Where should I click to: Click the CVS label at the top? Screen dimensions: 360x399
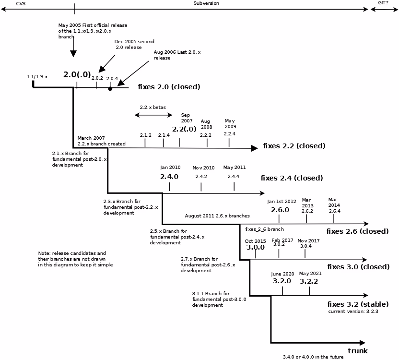click(21, 3)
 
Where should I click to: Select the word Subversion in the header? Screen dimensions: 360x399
click(206, 3)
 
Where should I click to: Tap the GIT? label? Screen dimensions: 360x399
click(383, 3)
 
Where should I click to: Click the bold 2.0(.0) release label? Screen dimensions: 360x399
click(77, 74)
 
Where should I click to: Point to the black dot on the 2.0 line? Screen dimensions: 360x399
click(110, 89)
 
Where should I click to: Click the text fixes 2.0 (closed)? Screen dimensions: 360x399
click(169, 87)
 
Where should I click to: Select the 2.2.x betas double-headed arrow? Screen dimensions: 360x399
click(153, 115)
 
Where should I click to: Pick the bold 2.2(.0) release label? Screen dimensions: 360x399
click(184, 129)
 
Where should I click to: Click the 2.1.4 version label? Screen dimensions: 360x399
click(164, 135)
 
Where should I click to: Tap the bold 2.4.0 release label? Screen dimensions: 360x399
click(169, 177)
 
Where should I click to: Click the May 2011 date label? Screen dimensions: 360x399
click(234, 168)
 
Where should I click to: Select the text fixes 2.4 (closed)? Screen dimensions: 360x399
click(292, 178)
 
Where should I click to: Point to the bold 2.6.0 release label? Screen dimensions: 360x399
click(280, 210)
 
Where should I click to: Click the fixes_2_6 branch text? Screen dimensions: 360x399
click(264, 229)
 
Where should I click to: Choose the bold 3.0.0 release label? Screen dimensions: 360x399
click(255, 247)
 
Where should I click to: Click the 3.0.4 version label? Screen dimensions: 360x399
click(305, 246)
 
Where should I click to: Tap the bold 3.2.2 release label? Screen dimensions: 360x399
click(308, 281)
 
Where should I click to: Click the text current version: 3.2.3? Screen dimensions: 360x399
click(353, 312)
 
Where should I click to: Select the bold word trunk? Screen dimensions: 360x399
click(358, 351)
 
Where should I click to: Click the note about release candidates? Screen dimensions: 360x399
click(75, 259)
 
